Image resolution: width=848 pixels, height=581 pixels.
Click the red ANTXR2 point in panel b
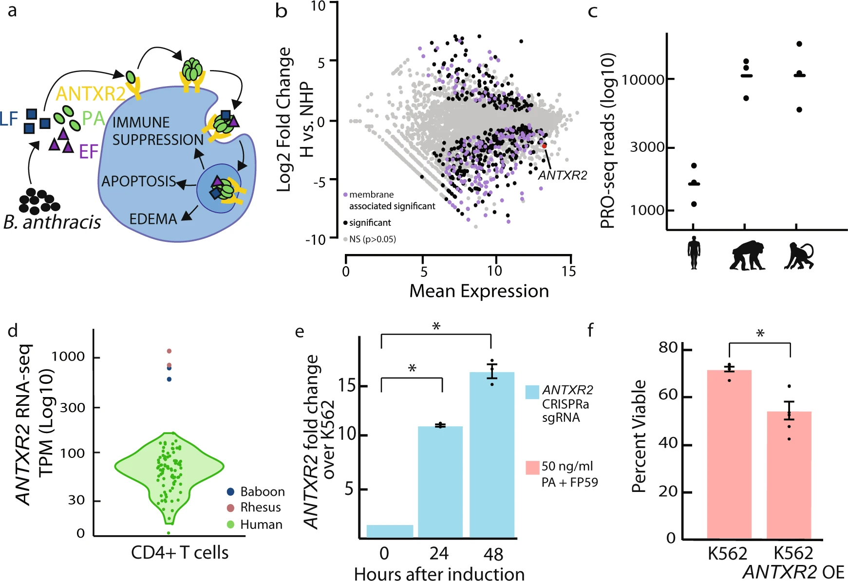tap(544, 145)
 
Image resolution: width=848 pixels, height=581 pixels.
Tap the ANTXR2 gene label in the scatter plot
tap(563, 175)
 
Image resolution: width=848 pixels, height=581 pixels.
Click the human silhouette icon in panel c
tap(694, 253)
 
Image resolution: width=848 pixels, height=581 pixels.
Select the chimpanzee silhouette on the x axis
tap(747, 255)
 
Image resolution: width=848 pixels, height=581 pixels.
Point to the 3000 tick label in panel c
tap(647, 147)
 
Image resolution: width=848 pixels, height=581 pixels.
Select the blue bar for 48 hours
tap(491, 455)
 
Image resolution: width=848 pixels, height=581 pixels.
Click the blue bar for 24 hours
tap(440, 482)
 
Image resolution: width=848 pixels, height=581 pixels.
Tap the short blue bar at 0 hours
tap(389, 531)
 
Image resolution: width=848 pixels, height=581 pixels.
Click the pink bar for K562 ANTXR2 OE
tap(789, 475)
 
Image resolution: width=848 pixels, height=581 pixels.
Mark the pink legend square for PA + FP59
tap(532, 467)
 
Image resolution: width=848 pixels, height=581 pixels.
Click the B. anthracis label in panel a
tap(52, 222)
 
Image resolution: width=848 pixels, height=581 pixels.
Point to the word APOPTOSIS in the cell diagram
tap(138, 182)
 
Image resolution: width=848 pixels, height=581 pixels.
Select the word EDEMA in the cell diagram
tap(153, 219)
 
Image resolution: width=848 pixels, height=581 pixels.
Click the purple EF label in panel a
tap(89, 152)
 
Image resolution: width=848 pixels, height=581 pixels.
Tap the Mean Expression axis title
tap(479, 291)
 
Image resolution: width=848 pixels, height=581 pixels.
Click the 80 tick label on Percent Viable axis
tap(668, 347)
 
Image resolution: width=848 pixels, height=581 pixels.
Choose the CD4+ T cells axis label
tap(179, 553)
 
